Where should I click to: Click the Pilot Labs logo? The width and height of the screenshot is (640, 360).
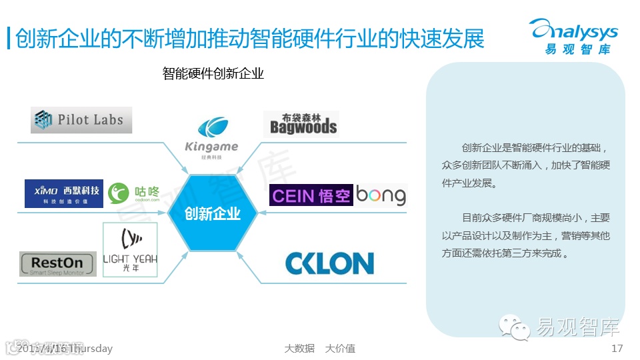click(81, 120)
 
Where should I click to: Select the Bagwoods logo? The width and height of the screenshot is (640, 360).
click(301, 124)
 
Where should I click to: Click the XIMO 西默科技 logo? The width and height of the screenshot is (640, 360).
click(64, 193)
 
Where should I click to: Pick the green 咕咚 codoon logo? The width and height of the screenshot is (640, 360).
click(134, 193)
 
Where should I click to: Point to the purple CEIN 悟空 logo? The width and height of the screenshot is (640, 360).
click(311, 195)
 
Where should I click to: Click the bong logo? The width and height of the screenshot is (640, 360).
click(381, 195)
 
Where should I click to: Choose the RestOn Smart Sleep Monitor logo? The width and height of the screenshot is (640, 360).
click(58, 264)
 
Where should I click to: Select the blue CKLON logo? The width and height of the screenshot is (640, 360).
click(329, 263)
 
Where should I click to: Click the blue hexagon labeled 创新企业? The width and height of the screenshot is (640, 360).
click(212, 213)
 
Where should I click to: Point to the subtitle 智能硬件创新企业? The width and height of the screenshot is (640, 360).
click(213, 73)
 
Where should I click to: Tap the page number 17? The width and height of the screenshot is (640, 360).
click(617, 349)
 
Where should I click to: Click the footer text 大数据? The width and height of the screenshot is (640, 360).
click(299, 349)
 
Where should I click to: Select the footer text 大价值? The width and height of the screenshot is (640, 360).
click(340, 349)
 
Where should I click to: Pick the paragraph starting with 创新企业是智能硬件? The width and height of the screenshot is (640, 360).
click(525, 165)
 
